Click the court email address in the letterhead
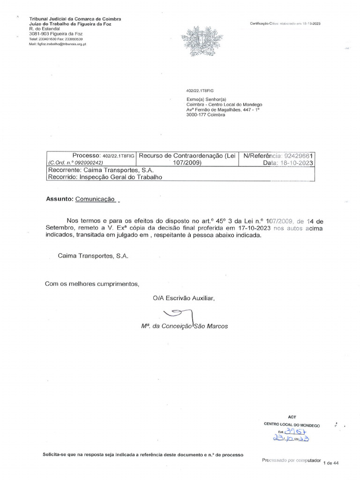(x=58, y=44)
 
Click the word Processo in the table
(x=86, y=155)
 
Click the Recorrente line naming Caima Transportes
(x=100, y=170)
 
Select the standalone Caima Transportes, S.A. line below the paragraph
(x=93, y=256)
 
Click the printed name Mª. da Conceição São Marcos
(x=184, y=326)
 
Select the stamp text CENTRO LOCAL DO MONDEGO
(x=292, y=425)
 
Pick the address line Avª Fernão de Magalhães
(x=223, y=110)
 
